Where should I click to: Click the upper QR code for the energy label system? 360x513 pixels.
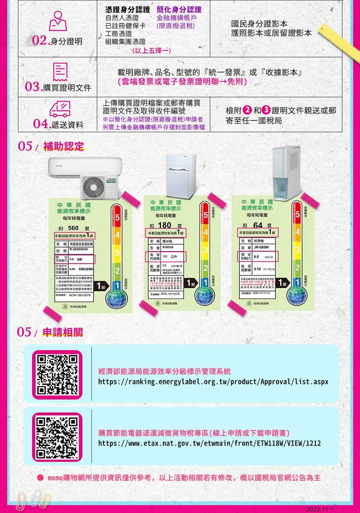(x=57, y=375)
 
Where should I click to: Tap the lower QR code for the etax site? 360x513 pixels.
(x=57, y=437)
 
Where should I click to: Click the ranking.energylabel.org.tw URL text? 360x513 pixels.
(x=213, y=382)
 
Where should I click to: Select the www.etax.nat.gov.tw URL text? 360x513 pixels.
(x=209, y=443)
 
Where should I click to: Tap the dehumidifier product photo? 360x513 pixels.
(x=286, y=173)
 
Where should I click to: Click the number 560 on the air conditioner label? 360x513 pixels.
(x=73, y=228)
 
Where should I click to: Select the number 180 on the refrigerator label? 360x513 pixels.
(x=165, y=225)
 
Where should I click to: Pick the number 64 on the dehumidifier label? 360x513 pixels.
(x=258, y=225)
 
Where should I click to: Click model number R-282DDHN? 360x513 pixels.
(x=78, y=249)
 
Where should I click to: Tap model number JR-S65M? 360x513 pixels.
(x=261, y=247)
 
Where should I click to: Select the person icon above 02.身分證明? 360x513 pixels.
(x=58, y=21)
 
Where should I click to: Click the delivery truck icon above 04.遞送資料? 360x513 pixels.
(x=59, y=109)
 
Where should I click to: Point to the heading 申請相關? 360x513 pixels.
(x=63, y=332)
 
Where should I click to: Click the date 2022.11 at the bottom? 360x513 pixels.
(x=317, y=509)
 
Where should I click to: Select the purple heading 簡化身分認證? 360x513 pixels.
(x=179, y=10)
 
